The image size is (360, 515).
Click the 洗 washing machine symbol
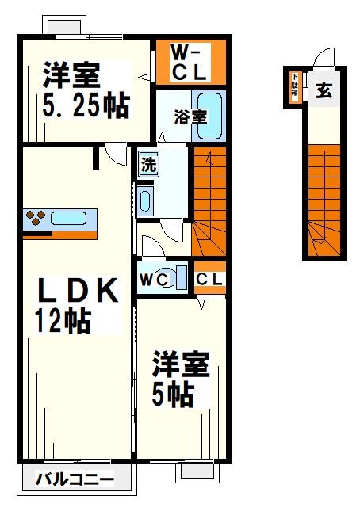point(148,166)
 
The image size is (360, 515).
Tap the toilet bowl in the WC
point(181,278)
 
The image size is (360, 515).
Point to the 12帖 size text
point(61,322)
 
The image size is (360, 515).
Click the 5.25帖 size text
point(82,105)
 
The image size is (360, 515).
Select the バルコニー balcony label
point(75,479)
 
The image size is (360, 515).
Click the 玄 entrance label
point(324,90)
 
